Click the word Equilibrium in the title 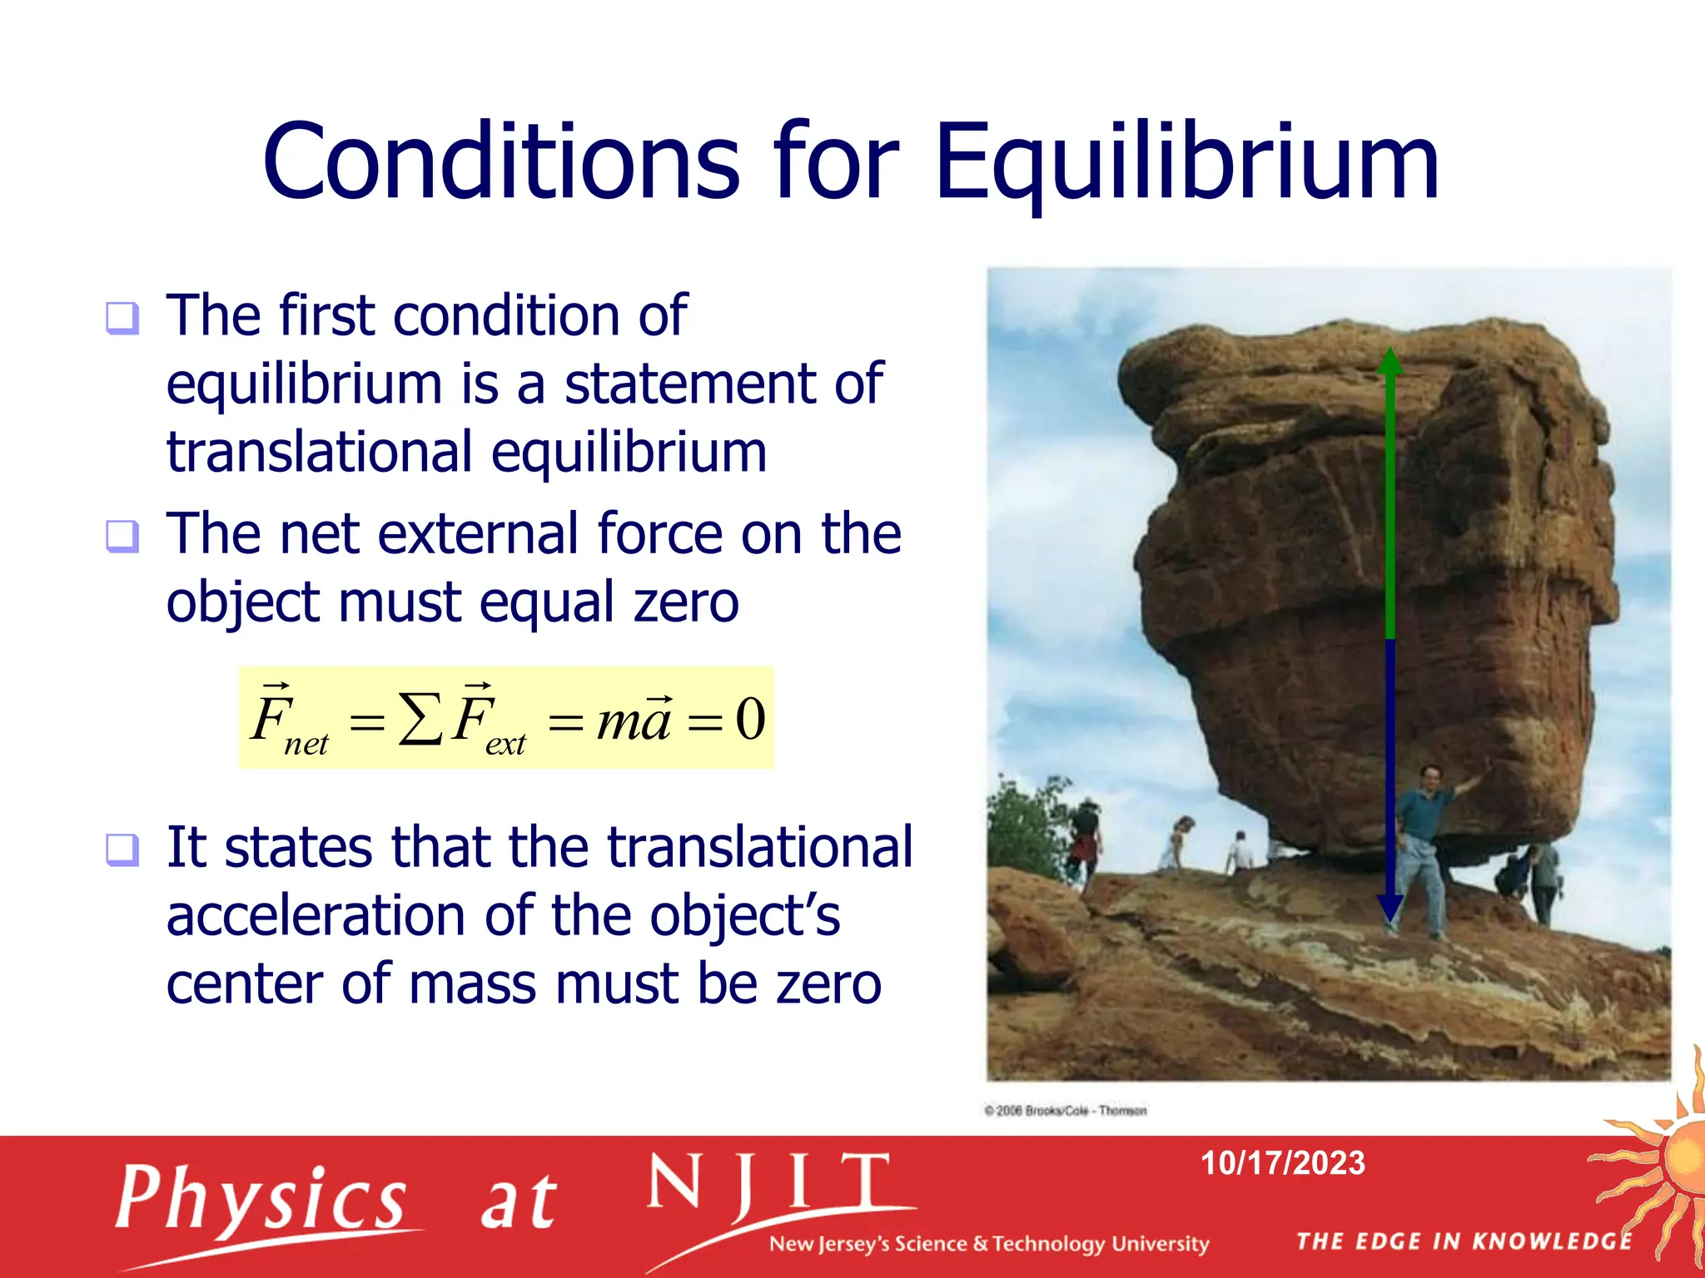pos(1186,162)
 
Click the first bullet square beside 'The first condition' pos(122,318)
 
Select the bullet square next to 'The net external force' pos(122,536)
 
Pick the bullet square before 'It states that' pos(122,850)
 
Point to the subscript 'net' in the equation pos(306,743)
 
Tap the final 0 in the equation pos(750,719)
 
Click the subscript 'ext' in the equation pos(505,743)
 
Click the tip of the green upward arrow pos(1389,354)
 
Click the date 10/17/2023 pos(1282,1163)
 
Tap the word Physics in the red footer pos(261,1198)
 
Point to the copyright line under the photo pos(1065,1111)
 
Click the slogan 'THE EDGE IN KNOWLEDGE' pos(1464,1241)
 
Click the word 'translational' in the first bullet pos(321,453)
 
